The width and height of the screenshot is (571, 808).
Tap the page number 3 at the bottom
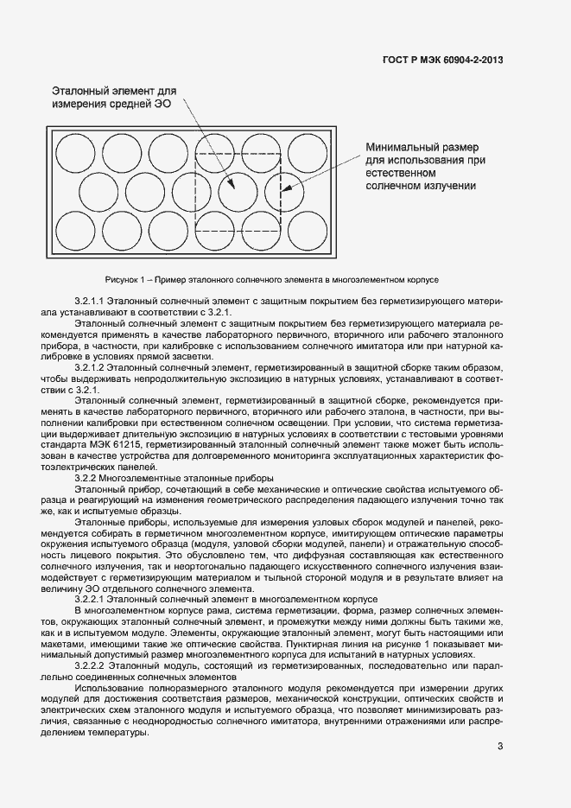[x=499, y=748]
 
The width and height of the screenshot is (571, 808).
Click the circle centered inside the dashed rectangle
[x=238, y=191]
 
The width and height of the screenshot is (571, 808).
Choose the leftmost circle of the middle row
[x=98, y=191]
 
